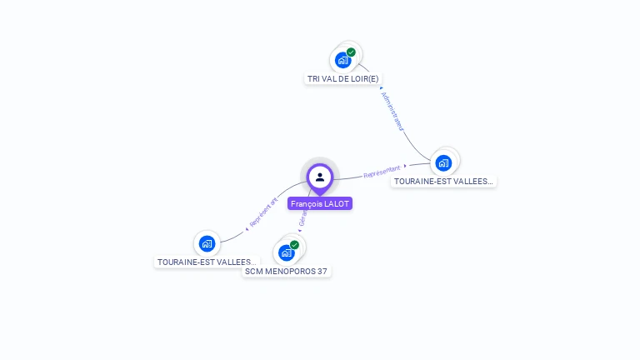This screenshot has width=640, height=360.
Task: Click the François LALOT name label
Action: pyautogui.click(x=320, y=203)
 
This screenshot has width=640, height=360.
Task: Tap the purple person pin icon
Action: pyautogui.click(x=320, y=177)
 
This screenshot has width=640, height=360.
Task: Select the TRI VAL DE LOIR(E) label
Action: pyautogui.click(x=342, y=78)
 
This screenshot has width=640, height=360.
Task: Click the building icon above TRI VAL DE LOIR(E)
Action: pyautogui.click(x=342, y=60)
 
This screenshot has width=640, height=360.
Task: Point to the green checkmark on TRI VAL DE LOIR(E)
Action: pyautogui.click(x=352, y=52)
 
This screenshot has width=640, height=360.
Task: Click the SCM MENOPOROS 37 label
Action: pyautogui.click(x=287, y=271)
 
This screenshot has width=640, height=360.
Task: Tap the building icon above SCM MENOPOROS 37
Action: pyautogui.click(x=286, y=252)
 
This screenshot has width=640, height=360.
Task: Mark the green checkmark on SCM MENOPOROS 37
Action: pyautogui.click(x=295, y=245)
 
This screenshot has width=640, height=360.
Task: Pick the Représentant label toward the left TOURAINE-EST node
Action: pyautogui.click(x=263, y=212)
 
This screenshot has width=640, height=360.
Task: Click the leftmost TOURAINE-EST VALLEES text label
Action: pyautogui.click(x=207, y=262)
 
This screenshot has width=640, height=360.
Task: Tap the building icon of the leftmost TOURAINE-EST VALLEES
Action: pyautogui.click(x=207, y=243)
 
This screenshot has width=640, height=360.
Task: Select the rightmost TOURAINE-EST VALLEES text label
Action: pyautogui.click(x=443, y=181)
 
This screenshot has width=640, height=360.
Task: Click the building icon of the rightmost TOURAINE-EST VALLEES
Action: pyautogui.click(x=443, y=162)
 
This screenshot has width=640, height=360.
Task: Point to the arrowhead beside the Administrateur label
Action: pyautogui.click(x=381, y=87)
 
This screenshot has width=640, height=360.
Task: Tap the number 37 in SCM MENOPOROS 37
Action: pyautogui.click(x=322, y=271)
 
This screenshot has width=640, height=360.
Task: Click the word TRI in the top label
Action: pyautogui.click(x=314, y=78)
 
